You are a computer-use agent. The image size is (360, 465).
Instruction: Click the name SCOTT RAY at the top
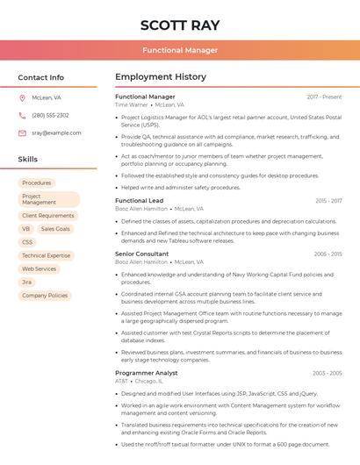click(x=180, y=25)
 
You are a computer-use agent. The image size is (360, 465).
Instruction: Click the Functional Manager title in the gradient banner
click(x=180, y=50)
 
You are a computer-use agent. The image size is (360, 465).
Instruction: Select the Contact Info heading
click(x=40, y=77)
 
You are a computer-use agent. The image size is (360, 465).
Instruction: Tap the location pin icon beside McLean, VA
click(x=22, y=97)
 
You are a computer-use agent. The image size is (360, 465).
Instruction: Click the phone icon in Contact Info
click(x=22, y=115)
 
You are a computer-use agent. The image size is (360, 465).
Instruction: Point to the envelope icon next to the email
click(x=22, y=133)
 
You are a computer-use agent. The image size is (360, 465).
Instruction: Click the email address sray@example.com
click(x=56, y=133)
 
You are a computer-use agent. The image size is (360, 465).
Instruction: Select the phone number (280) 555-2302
click(x=50, y=115)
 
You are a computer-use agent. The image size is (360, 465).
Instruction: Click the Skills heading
click(x=27, y=160)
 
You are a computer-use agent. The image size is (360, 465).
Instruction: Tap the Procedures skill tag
click(x=37, y=183)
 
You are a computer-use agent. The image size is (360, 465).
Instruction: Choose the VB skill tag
click(x=26, y=229)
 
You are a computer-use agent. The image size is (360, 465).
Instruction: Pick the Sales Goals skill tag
click(x=55, y=229)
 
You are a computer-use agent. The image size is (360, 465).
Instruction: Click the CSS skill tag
click(x=27, y=242)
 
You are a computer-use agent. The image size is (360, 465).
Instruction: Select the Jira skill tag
click(x=26, y=283)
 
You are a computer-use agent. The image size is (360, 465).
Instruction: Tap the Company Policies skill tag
click(x=45, y=296)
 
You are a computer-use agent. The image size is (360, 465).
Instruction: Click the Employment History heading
click(x=161, y=77)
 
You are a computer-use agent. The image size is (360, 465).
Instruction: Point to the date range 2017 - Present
click(x=324, y=97)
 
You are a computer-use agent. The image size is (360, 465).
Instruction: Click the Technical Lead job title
click(x=139, y=201)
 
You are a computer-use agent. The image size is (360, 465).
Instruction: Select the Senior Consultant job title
click(x=141, y=254)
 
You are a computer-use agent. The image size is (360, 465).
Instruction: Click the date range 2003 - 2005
click(x=328, y=373)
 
